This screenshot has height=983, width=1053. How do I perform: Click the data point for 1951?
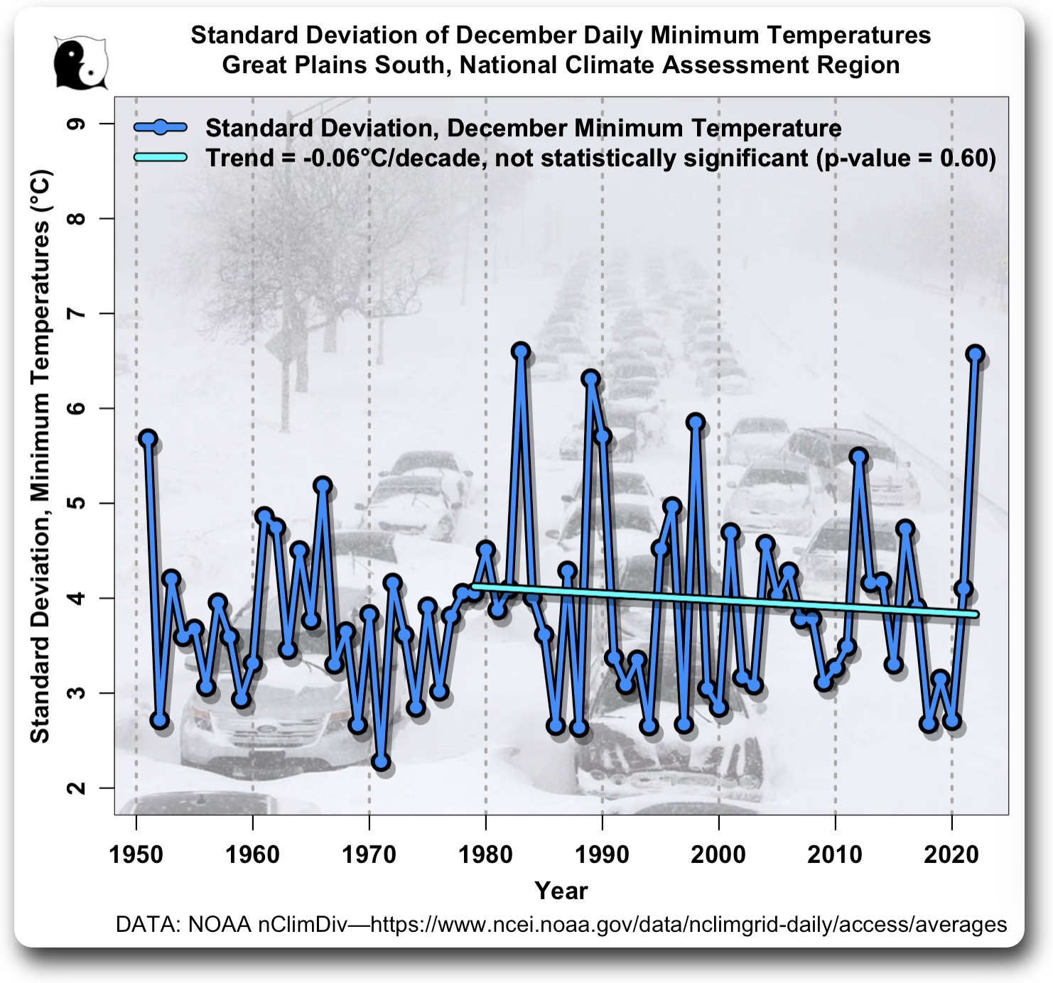(148, 438)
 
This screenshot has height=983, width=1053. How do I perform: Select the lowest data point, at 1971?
(381, 761)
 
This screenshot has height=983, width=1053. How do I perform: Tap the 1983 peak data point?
(521, 350)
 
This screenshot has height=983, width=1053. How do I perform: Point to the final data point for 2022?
(975, 354)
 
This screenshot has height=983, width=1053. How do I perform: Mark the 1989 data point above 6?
(590, 378)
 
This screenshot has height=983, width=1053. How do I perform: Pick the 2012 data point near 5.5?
(858, 456)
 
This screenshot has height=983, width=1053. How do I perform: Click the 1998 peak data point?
(696, 422)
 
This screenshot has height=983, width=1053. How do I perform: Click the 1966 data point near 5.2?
(323, 485)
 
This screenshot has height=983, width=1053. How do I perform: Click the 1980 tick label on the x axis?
(486, 854)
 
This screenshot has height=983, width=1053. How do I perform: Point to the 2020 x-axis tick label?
(951, 854)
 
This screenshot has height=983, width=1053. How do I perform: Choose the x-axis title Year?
(561, 891)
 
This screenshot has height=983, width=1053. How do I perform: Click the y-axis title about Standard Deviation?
(40, 456)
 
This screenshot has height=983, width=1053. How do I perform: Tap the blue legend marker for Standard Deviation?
(161, 128)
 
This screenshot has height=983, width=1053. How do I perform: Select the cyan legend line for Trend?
(161, 157)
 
